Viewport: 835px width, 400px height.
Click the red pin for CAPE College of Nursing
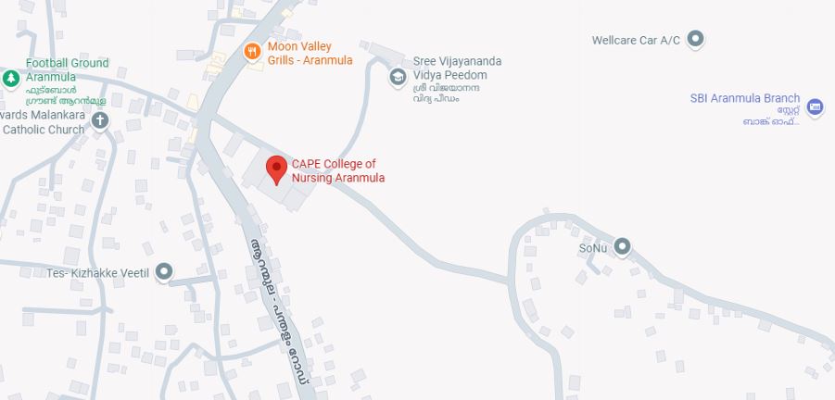click(x=275, y=169)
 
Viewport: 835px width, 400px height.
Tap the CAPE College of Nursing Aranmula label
click(x=338, y=171)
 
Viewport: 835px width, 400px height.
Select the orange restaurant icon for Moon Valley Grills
click(x=251, y=52)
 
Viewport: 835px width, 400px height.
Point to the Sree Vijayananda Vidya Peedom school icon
click(x=398, y=76)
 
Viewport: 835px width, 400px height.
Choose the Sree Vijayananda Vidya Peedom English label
click(x=457, y=68)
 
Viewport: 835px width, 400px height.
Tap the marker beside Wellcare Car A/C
click(x=697, y=39)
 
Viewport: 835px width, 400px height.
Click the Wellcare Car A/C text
click(x=636, y=40)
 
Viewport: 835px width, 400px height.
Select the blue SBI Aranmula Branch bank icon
click(x=815, y=107)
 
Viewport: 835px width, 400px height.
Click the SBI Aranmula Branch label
click(x=745, y=99)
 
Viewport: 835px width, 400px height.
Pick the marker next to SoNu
click(x=623, y=246)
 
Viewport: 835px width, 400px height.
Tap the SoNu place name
click(x=592, y=248)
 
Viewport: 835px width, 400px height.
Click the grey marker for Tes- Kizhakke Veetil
click(x=164, y=271)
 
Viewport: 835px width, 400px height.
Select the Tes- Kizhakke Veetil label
click(x=97, y=272)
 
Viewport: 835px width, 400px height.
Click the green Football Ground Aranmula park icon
click(x=10, y=79)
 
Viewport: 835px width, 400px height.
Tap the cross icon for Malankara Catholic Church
click(x=100, y=119)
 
